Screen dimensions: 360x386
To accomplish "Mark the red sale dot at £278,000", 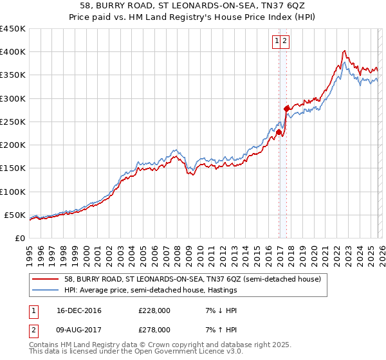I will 286,109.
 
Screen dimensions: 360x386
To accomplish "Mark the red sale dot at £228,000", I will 279,132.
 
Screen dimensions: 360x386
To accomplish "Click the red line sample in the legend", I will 46,279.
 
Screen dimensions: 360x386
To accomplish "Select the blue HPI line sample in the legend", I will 46,290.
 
